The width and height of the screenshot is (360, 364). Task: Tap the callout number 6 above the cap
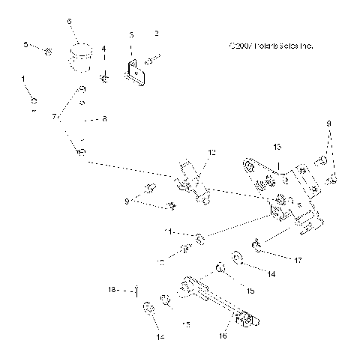point(70,22)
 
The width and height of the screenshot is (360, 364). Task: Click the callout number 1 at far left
point(23,79)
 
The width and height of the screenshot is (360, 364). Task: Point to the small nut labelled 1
point(34,100)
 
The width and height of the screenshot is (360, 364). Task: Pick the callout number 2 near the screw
point(156,34)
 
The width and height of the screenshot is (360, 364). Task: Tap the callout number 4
point(104,49)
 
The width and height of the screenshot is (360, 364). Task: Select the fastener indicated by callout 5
point(47,52)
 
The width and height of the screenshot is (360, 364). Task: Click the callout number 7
point(53,118)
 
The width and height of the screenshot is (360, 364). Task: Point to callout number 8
point(104,119)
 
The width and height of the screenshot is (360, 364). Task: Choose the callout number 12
point(211,153)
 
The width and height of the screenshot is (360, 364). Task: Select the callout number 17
point(298,260)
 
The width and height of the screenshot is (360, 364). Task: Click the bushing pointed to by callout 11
point(200,239)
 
